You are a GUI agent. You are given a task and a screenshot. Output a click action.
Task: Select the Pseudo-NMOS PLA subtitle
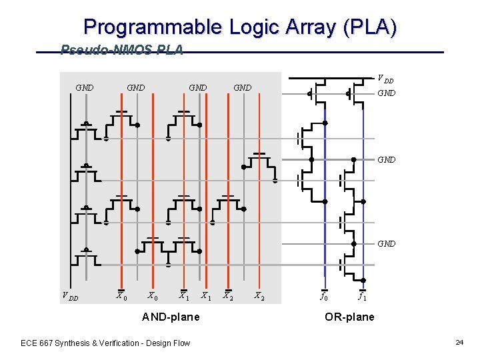point(121,50)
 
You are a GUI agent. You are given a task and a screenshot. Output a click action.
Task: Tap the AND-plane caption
point(171,317)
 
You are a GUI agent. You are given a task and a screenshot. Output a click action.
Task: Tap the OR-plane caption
point(349,317)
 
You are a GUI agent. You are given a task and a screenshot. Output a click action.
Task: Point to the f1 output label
point(361,296)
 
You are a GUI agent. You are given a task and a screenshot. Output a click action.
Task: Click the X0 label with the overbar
point(121,296)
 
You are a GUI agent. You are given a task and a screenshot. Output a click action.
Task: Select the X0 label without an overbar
point(152,296)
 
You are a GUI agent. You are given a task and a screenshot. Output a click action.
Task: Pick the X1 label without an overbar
point(206,296)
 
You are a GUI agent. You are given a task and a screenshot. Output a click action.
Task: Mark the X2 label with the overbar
point(228,296)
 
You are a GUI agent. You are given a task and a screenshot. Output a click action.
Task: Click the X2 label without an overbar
point(260,296)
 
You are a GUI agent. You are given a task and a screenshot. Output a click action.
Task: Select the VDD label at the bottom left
point(69,297)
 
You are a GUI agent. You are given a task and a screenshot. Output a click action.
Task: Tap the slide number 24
point(459,342)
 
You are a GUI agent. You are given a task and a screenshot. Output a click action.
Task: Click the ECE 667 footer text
point(105,343)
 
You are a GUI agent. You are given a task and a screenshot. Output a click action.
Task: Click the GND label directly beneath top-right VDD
point(387,93)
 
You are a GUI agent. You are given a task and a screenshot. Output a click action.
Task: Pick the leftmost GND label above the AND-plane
point(85,87)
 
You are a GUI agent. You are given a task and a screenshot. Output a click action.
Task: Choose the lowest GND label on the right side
point(387,244)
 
